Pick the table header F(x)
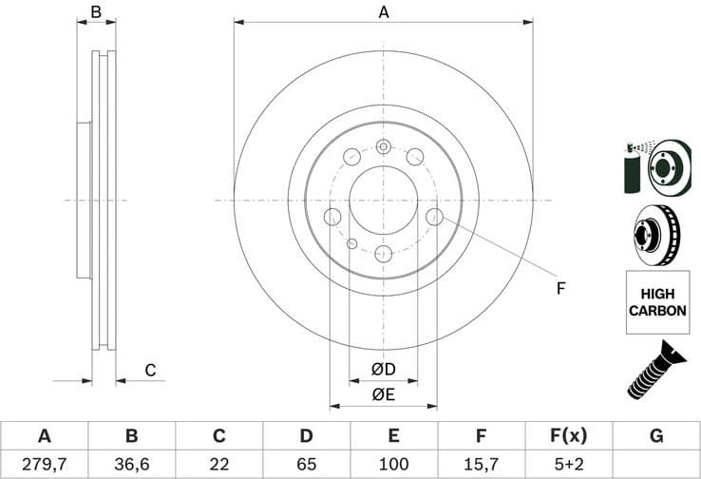coord(569,436)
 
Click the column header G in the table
coord(656,436)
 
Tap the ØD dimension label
coord(383,369)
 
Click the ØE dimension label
coord(383,393)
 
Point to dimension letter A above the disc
coord(384,12)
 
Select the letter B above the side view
coord(95,12)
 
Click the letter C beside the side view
coord(149,370)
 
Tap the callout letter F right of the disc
coord(560,288)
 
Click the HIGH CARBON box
coord(657,302)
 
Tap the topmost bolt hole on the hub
coord(383,146)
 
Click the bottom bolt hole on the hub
coord(383,253)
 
